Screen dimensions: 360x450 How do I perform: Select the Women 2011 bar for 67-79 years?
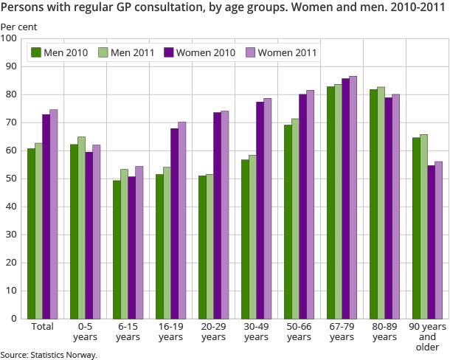coord(353,197)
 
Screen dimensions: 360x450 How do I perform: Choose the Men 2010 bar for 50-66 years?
coord(288,221)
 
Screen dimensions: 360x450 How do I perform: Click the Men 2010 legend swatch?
coord(35,52)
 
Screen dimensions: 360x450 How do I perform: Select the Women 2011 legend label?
coord(288,52)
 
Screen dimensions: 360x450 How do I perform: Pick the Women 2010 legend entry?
coord(200,52)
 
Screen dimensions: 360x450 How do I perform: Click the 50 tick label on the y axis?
coord(13,179)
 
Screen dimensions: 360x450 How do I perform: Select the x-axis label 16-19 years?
coord(170,331)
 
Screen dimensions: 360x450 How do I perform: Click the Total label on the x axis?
coord(42,326)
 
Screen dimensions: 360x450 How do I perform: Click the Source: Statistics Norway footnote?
coord(49,354)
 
